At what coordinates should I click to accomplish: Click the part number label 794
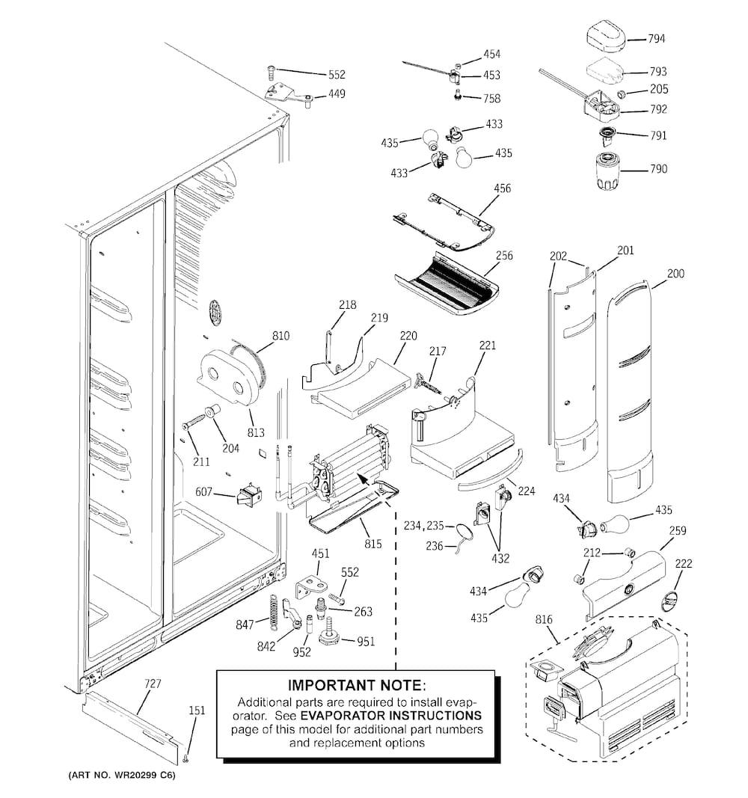[x=657, y=38]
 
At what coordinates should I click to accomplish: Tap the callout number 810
[x=280, y=336]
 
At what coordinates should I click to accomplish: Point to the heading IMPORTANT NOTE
[x=356, y=685]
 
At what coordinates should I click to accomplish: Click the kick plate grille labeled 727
[x=131, y=724]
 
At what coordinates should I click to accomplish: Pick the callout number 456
[x=502, y=188]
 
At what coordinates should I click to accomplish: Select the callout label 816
[x=544, y=620]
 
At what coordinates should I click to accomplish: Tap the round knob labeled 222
[x=669, y=599]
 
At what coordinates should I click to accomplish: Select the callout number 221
[x=488, y=346]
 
